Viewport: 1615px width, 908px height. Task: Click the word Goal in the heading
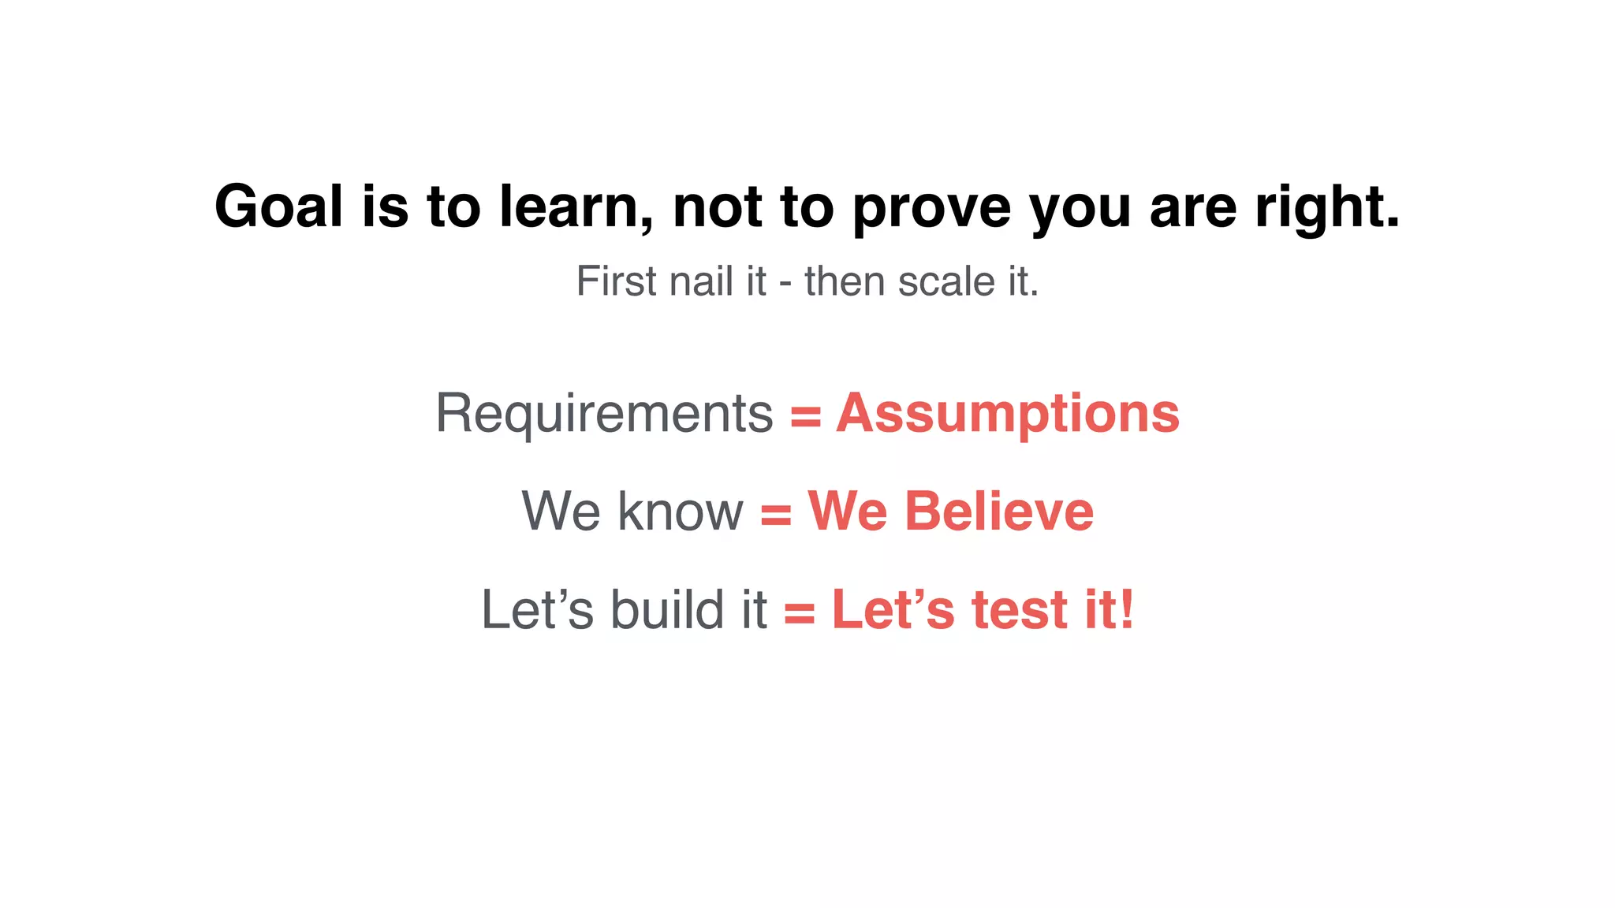[278, 207]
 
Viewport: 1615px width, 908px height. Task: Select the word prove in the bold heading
[931, 208]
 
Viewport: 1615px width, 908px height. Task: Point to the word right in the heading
[1326, 208]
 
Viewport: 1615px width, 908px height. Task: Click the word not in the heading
[717, 207]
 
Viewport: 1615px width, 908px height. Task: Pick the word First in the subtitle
[614, 281]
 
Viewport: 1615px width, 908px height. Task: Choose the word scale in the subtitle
[947, 281]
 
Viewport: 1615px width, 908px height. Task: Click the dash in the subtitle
[785, 284]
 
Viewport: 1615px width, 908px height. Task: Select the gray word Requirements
[604, 413]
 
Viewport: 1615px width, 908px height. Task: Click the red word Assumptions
[1008, 413]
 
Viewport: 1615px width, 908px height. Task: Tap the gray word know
[681, 511]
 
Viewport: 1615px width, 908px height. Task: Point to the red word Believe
[999, 511]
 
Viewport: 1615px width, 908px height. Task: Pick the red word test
[1020, 609]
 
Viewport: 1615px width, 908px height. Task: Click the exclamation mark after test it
[1126, 609]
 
